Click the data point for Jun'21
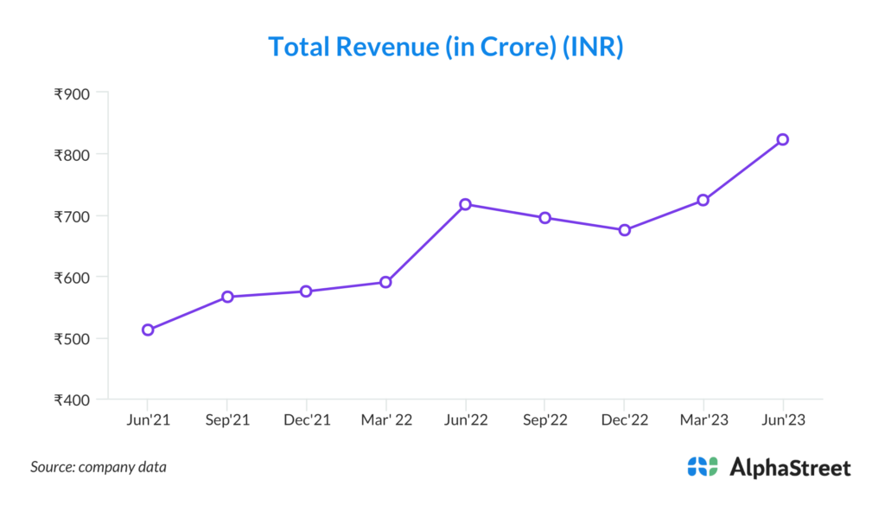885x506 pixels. [148, 330]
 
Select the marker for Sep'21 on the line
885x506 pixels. [227, 297]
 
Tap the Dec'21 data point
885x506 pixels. [306, 291]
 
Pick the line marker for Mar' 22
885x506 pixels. [385, 282]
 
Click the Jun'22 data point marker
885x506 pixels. [465, 204]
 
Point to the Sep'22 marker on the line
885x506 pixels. [544, 218]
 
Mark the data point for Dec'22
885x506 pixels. [624, 230]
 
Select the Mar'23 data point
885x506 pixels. [704, 200]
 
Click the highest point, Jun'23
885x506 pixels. [783, 139]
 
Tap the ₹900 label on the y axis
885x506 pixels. [73, 93]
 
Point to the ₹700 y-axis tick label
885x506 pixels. [73, 216]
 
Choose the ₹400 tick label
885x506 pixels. [73, 400]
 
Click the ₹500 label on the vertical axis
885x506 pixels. [73, 338]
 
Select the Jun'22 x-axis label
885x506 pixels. [465, 420]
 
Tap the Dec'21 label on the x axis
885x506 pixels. [306, 420]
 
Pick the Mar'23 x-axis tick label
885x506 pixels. [704, 420]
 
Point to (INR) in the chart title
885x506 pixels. [592, 47]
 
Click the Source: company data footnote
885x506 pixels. [99, 467]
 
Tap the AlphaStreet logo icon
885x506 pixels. [703, 467]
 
